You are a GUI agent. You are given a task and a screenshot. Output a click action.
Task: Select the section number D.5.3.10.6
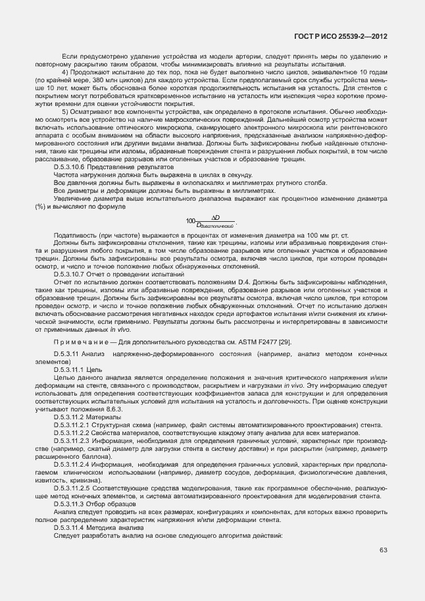[71, 167]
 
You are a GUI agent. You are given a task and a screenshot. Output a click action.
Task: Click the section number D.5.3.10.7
[71, 273]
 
